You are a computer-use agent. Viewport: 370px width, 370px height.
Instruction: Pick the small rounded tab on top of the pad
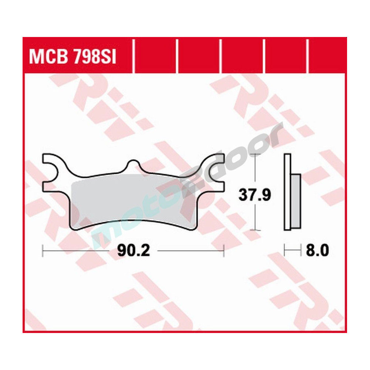[133, 165]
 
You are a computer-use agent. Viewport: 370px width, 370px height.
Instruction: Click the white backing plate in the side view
[287, 192]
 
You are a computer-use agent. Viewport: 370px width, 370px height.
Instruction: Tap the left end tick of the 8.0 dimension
[284, 251]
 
